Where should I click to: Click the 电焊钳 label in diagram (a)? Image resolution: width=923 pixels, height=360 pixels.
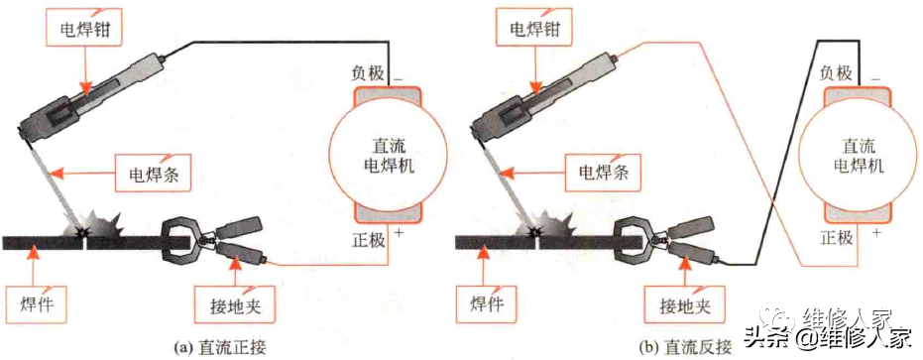point(83,31)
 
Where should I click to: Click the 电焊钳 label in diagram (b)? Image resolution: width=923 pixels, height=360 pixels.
point(535,31)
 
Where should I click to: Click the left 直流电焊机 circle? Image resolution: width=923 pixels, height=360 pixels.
point(385,155)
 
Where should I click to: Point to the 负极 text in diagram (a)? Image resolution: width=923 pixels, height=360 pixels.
point(366,73)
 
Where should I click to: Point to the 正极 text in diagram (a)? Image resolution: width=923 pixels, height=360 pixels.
point(366,239)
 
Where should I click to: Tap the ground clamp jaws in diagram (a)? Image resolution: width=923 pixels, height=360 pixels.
point(182,239)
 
